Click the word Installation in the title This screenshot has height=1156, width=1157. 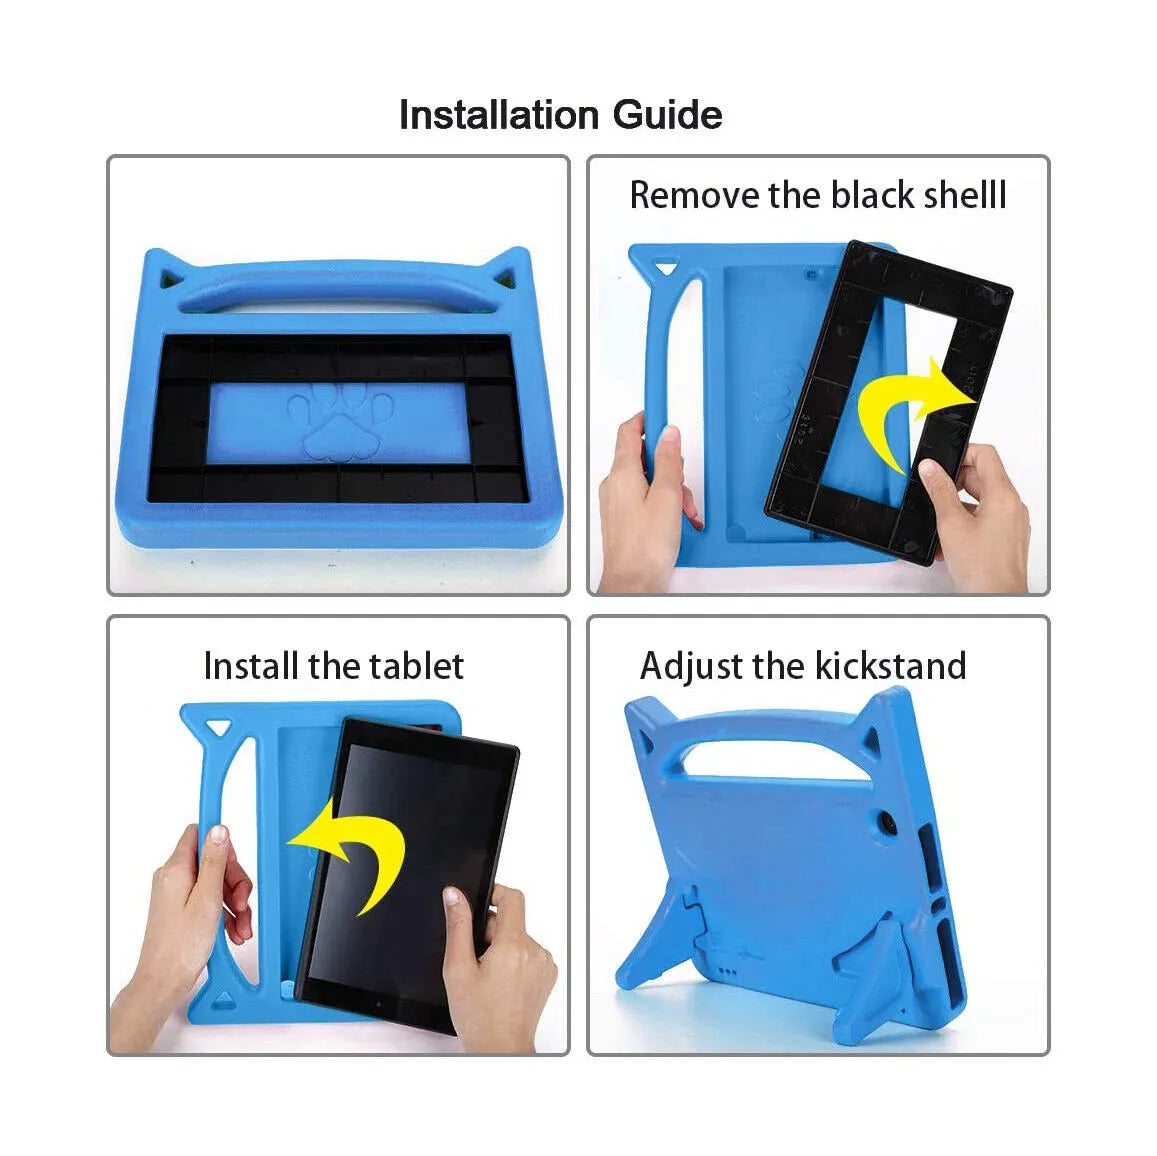[x=499, y=115]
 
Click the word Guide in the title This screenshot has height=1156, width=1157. [x=667, y=115]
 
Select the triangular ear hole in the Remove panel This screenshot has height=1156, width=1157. [x=663, y=268]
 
